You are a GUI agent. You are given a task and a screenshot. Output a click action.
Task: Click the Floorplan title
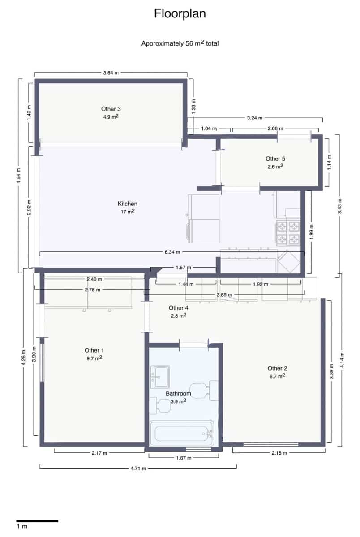(180, 14)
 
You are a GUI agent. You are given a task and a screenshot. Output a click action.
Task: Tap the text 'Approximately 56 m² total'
(180, 43)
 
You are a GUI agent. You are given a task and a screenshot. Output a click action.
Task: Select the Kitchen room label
(127, 204)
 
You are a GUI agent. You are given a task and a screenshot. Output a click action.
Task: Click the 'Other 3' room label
(111, 109)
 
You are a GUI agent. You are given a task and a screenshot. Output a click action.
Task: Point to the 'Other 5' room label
(275, 158)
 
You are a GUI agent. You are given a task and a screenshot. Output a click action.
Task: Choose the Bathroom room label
(178, 394)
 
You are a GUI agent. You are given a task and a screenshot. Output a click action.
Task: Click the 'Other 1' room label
(94, 350)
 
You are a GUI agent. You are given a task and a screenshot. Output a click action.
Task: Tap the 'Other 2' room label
(277, 368)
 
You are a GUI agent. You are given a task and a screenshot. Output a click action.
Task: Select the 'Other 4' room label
(178, 308)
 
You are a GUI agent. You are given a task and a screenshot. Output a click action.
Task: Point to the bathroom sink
(159, 375)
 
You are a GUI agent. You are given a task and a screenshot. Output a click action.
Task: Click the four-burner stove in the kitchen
(287, 233)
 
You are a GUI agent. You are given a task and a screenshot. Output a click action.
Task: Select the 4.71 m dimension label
(138, 468)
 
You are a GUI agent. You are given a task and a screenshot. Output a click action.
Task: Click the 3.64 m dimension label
(111, 72)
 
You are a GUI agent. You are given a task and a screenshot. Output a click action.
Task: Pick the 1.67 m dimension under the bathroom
(184, 458)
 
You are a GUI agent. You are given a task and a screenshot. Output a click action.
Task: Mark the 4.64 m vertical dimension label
(19, 175)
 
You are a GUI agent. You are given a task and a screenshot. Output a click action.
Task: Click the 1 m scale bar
(37, 521)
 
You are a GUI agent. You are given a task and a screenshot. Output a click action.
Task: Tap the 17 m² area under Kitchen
(127, 212)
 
